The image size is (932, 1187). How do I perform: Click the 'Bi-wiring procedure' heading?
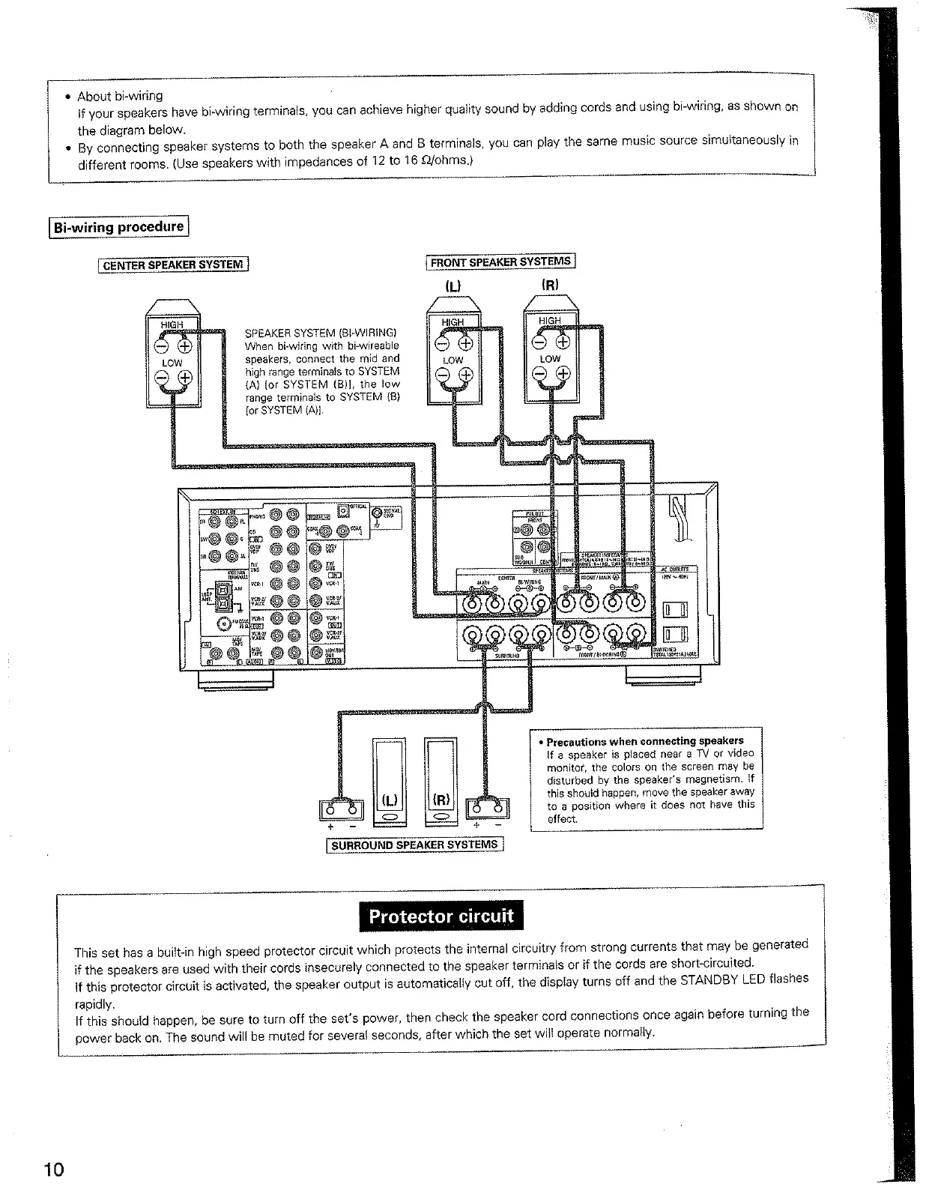[x=118, y=226]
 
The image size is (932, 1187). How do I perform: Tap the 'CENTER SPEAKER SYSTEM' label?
[x=173, y=265]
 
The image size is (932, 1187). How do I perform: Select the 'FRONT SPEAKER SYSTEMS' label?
[x=500, y=262]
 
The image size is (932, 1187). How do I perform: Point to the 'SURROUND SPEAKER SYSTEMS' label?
[x=414, y=845]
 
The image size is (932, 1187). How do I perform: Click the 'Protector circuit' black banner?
[x=441, y=916]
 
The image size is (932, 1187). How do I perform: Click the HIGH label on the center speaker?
[x=172, y=324]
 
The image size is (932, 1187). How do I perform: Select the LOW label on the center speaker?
[x=172, y=363]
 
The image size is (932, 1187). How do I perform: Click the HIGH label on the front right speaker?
[x=549, y=321]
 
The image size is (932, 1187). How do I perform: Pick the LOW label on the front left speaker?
[x=453, y=360]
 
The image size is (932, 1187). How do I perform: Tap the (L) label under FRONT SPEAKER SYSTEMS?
[x=454, y=286]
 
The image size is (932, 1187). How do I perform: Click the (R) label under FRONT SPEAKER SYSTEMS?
[x=550, y=285]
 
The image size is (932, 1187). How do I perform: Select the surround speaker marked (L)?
[x=389, y=779]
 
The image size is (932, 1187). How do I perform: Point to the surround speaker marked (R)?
[x=441, y=779]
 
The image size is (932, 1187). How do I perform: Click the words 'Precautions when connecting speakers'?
[x=645, y=741]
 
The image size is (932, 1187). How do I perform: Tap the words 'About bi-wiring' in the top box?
[x=120, y=96]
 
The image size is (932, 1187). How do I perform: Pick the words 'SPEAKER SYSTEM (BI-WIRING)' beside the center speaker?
[x=321, y=333]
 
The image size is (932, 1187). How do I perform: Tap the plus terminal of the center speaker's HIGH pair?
[x=184, y=345]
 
